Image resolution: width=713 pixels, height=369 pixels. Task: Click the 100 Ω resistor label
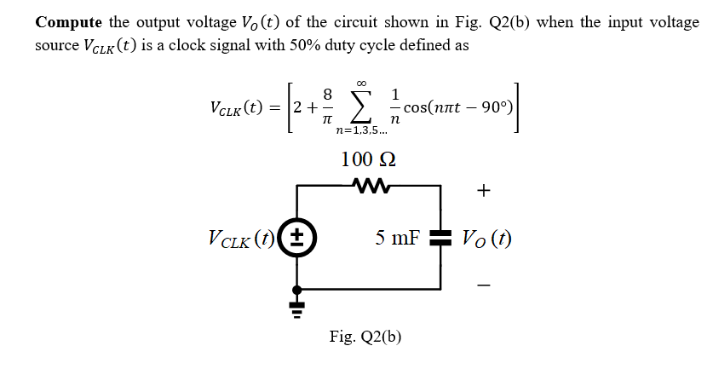[x=368, y=159]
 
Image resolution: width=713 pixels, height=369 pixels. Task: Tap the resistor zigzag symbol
[x=369, y=183]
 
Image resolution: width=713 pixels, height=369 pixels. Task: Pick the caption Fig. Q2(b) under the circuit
[x=365, y=336]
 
